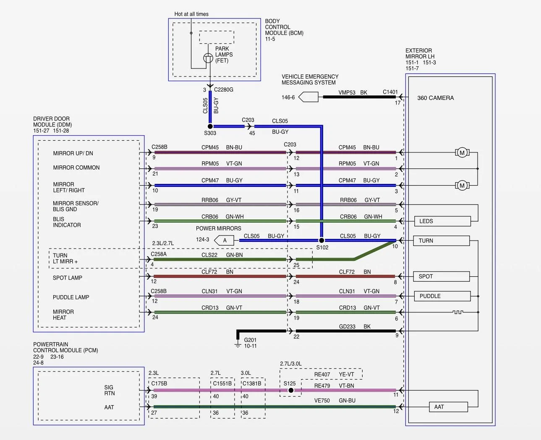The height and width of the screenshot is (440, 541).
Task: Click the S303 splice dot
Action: coord(210,126)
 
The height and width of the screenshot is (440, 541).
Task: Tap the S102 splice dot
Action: coord(321,240)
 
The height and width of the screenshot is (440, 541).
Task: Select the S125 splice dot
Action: coord(291,390)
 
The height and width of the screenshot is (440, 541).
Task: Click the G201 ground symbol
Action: coord(238,344)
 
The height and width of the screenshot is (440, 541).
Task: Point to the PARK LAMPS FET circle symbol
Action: coord(208,58)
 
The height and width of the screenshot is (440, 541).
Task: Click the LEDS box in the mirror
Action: coord(442,221)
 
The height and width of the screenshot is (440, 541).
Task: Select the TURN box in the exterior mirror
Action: coord(442,241)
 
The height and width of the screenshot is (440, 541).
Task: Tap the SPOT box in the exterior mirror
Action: coord(442,276)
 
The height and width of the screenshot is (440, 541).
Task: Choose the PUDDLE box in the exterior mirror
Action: coord(442,296)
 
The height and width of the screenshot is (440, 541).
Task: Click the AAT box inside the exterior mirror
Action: coord(448,407)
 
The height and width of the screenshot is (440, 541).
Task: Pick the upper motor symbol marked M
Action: coord(462,153)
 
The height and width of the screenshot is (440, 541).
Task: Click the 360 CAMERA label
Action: coord(435,98)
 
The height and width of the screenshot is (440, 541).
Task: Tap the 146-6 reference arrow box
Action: coord(308,97)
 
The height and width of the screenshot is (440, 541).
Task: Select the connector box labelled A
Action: coord(224,240)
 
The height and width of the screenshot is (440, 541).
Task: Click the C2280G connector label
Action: coord(224,90)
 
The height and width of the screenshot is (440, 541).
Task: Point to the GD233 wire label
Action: coord(347,327)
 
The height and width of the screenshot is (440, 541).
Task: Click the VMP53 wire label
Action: coord(347,92)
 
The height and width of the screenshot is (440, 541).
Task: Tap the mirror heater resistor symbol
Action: coord(458,312)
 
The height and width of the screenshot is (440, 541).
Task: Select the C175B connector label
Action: coord(159,383)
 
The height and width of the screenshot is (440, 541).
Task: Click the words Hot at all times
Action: coord(191,14)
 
